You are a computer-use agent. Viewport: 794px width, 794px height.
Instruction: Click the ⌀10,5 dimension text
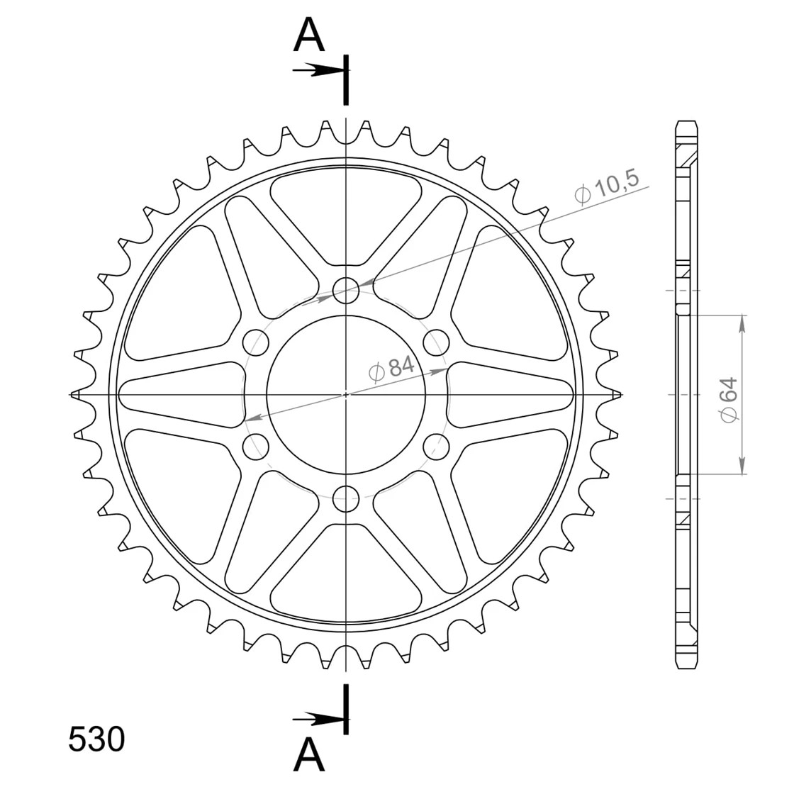pyautogui.click(x=607, y=186)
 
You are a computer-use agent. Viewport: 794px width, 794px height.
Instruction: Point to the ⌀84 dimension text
pyautogui.click(x=391, y=368)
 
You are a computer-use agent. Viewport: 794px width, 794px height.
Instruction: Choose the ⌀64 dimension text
pyautogui.click(x=729, y=398)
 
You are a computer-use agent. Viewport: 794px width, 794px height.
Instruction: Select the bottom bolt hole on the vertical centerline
pyautogui.click(x=346, y=498)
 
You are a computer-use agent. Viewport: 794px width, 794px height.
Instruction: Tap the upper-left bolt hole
pyautogui.click(x=256, y=342)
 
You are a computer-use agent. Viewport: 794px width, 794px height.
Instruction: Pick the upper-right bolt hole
pyautogui.click(x=436, y=342)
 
